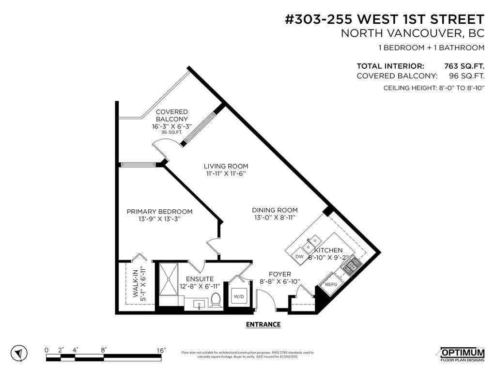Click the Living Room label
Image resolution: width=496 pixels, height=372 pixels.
226,166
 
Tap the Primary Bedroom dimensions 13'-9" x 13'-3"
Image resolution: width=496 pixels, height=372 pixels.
159,219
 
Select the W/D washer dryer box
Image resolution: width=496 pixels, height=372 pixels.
238,296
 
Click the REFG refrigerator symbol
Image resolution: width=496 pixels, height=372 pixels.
331,285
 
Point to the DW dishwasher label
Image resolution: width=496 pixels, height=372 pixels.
299,256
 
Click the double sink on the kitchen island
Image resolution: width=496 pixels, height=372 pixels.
310,241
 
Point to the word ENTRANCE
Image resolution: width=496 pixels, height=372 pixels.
263,325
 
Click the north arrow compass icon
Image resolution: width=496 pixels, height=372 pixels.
18,354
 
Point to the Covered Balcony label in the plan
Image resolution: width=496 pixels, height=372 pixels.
171,115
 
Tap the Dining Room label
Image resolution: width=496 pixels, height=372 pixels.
275,210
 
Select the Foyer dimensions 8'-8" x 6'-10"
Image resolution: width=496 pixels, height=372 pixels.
280,281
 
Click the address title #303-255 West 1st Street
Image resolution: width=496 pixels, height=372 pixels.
384,19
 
